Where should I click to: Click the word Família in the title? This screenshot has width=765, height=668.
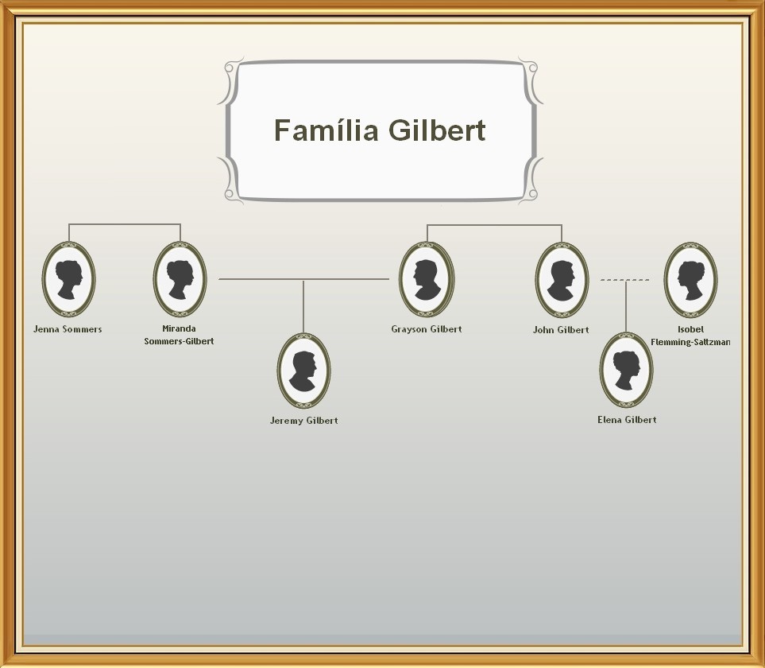[326, 130]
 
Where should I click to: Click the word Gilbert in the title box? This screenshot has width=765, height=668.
[437, 130]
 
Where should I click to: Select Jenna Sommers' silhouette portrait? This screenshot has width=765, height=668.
[68, 279]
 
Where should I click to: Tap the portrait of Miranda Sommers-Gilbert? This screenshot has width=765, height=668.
[180, 279]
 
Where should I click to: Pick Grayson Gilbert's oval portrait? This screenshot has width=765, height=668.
[427, 279]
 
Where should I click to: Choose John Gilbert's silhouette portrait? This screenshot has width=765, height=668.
[562, 279]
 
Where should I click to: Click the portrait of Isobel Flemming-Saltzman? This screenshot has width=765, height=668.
[690, 279]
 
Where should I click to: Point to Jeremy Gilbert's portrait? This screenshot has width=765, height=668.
[303, 371]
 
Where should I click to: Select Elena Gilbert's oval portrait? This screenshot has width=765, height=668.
[626, 371]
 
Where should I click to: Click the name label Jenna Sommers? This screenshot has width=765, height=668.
[68, 329]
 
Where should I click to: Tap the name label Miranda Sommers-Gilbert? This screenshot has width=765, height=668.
[179, 335]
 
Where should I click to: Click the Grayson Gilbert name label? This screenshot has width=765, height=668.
[427, 329]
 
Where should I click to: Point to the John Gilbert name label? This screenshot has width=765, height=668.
[561, 330]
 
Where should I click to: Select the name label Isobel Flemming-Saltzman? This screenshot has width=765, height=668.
[690, 336]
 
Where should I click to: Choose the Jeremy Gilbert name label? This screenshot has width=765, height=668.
[303, 421]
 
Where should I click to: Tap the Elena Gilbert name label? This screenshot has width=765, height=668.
[627, 420]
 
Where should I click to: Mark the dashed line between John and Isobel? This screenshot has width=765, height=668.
[625, 280]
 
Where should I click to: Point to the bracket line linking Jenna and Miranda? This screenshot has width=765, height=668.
[125, 225]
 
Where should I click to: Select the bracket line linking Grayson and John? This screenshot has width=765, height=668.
[494, 225]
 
